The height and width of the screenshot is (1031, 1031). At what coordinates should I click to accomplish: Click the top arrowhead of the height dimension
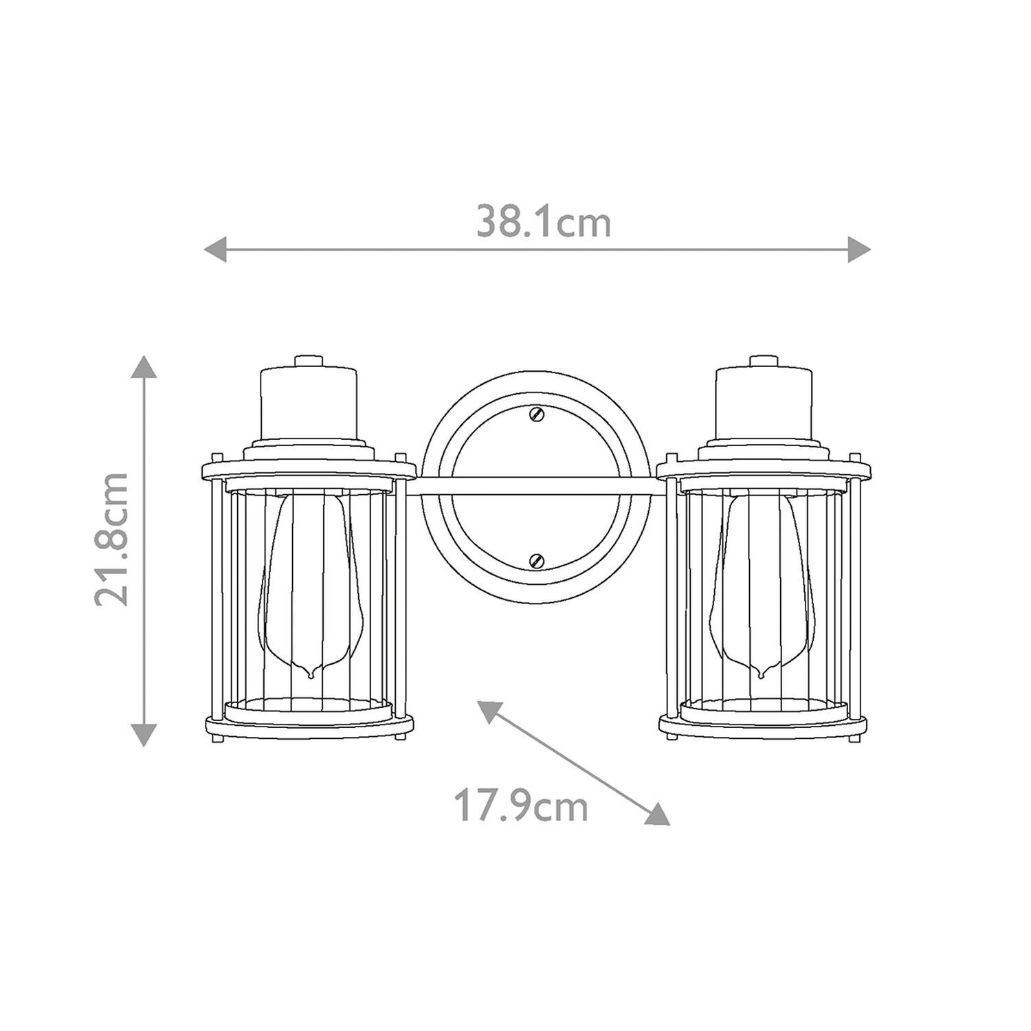(144, 368)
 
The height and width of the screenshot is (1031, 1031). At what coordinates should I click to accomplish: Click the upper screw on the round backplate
(536, 414)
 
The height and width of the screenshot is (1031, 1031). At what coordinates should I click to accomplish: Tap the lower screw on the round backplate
(536, 559)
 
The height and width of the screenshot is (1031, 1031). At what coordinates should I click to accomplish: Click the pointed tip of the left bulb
(311, 674)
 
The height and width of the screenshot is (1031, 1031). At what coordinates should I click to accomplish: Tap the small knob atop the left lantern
(309, 361)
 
